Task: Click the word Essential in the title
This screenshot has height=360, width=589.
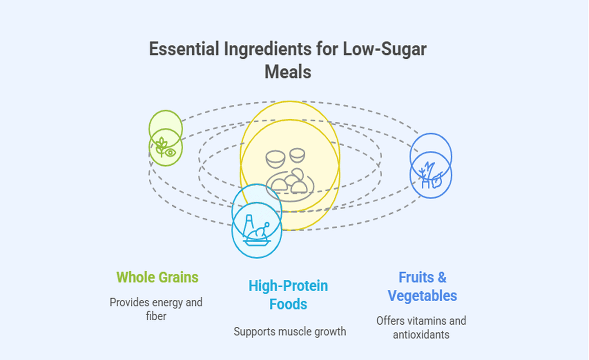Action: click(180, 50)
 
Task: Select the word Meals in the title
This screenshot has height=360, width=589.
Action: click(288, 72)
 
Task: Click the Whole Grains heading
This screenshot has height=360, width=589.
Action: click(157, 277)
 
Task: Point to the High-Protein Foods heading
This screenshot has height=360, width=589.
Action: click(288, 295)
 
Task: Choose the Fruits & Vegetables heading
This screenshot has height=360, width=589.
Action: click(422, 286)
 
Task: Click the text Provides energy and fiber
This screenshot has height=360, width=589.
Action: click(156, 309)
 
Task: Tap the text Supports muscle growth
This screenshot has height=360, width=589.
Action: click(290, 331)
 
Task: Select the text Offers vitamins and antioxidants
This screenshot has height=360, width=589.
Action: click(421, 328)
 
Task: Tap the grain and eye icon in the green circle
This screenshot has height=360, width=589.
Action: click(166, 147)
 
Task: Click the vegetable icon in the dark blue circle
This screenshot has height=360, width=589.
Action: click(431, 175)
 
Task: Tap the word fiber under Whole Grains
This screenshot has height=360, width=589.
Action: click(156, 317)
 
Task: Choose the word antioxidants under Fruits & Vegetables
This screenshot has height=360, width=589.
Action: click(421, 335)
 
